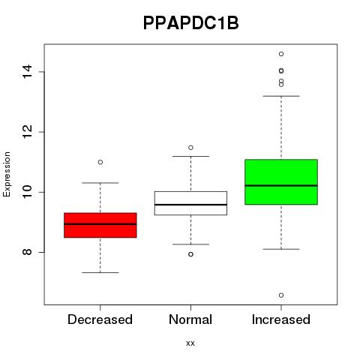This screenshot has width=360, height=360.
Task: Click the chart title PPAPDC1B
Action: pos(190,23)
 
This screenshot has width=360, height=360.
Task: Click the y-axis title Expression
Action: pos(7,174)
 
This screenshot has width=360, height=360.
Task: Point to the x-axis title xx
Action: pos(190,343)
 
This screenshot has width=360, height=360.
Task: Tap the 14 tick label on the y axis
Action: pos(27,72)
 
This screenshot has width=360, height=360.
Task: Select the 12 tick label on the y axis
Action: pos(27,132)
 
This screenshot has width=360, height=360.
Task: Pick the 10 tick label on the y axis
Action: pos(27,192)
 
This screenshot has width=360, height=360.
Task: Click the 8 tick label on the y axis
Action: pos(27,251)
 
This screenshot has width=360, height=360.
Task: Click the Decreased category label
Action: pos(100,319)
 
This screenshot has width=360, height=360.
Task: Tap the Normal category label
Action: pos(190,319)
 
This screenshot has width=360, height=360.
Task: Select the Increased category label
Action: pos(281,319)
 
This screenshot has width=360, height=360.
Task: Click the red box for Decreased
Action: pos(100,225)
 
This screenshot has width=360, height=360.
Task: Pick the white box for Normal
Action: pos(190,203)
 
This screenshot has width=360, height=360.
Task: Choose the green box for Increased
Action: pos(281,181)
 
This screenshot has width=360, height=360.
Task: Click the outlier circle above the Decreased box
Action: pos(100,162)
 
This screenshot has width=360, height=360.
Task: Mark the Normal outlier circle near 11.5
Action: pos(190,148)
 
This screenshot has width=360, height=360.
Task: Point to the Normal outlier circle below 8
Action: pos(190,254)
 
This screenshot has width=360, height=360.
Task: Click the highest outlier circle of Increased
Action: pos(281,54)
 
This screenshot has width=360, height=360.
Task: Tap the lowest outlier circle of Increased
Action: pos(281,295)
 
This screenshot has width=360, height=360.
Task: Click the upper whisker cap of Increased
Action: pos(281,96)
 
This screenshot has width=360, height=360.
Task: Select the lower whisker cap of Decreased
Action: pos(100,272)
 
